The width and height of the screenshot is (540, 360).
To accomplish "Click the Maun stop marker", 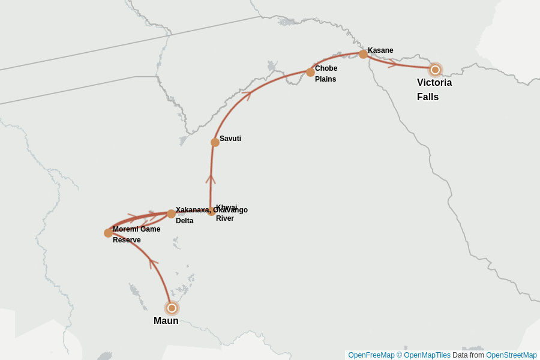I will point(172,308).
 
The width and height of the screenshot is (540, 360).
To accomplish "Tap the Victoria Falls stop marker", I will point(435,70).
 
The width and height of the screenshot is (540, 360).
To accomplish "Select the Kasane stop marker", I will point(363,54).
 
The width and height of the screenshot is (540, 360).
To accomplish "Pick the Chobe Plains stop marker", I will point(310,72).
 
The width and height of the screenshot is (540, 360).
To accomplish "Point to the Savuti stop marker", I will point(215,142).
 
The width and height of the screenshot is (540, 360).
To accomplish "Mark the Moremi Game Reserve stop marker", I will point(108,233).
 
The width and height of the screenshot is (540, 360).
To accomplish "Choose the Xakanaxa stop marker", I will point(171,214).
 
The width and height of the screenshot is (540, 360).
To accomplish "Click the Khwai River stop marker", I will point(211,211).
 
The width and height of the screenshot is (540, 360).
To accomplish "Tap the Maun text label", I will point(166,321).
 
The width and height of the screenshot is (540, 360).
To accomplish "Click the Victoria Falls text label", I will point(434,89).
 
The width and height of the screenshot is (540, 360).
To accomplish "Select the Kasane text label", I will point(380,50).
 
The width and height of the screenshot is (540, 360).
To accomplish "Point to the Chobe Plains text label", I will point(326,74).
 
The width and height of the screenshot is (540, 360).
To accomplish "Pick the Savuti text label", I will point(230,139).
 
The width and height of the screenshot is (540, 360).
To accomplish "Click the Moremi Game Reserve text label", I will point(136,235).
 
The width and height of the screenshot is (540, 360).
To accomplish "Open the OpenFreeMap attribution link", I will point(371,355).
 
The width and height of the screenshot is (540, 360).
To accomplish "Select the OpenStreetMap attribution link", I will point(511,355).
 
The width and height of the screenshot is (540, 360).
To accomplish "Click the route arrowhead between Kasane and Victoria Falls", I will point(392,63).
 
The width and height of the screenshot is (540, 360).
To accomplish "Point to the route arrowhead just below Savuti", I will point(211,178).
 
